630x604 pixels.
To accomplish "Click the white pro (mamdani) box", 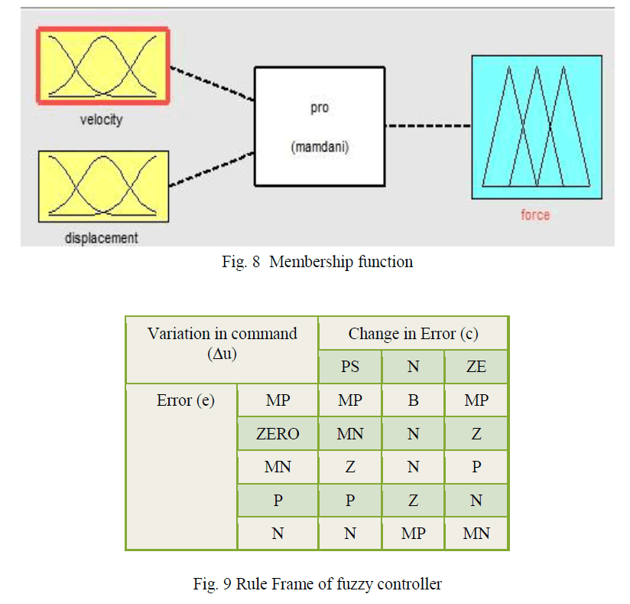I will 319,126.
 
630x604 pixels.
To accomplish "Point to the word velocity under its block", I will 101,119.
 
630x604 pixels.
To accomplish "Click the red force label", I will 535,214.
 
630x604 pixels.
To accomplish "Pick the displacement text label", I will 101,238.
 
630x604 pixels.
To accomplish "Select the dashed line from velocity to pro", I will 211,83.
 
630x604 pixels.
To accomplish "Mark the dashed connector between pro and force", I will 427,126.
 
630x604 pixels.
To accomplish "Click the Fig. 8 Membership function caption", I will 315,262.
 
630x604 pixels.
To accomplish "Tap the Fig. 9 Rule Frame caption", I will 317,584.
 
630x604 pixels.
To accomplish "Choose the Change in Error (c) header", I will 413,334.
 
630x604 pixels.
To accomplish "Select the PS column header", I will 349,367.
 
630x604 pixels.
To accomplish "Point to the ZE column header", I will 476,367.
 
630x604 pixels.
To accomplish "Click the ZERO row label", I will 278,434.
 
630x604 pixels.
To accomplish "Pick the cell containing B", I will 413,400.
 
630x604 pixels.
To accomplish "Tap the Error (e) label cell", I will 185,400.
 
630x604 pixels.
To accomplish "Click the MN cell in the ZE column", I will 476,533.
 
